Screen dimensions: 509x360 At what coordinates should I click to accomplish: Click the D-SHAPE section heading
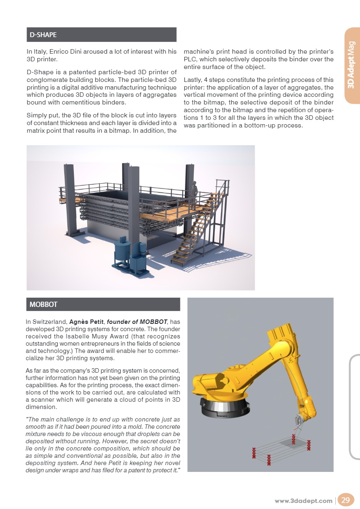click(x=43, y=35)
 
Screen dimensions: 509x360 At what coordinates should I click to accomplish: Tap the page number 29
click(x=345, y=501)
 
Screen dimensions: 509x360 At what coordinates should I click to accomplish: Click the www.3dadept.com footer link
click(x=303, y=501)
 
